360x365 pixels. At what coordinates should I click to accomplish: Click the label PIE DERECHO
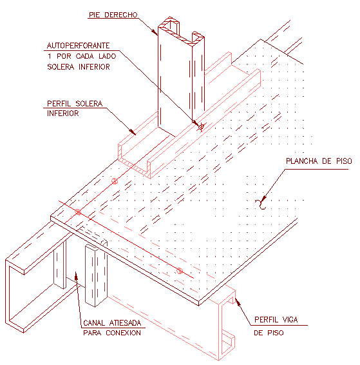click(113, 15)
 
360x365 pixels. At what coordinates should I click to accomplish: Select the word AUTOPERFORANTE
click(79, 45)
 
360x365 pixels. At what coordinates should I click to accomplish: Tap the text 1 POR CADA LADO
click(82, 56)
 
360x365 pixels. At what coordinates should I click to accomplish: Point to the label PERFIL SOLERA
click(75, 103)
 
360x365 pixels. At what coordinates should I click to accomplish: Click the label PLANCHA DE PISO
click(319, 161)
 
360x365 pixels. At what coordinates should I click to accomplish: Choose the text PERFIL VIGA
click(276, 319)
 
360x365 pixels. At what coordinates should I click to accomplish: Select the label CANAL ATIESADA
click(112, 322)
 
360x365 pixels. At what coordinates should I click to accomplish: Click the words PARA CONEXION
click(112, 333)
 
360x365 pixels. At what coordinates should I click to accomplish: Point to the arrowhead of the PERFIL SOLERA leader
click(133, 132)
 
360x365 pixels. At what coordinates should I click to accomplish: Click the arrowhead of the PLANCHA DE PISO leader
click(264, 199)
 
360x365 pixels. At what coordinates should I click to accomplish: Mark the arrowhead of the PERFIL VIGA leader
click(237, 301)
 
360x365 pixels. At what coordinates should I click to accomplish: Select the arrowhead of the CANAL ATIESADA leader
click(76, 275)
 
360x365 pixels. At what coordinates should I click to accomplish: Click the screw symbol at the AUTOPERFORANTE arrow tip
click(202, 127)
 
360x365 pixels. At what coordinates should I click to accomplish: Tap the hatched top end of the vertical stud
click(181, 31)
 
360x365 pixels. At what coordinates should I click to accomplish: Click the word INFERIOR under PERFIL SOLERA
click(62, 113)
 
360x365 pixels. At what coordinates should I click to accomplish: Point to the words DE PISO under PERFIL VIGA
click(269, 333)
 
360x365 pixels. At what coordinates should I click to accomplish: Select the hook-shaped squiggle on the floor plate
click(261, 204)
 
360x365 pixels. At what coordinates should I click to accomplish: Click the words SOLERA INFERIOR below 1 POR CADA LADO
click(79, 67)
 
